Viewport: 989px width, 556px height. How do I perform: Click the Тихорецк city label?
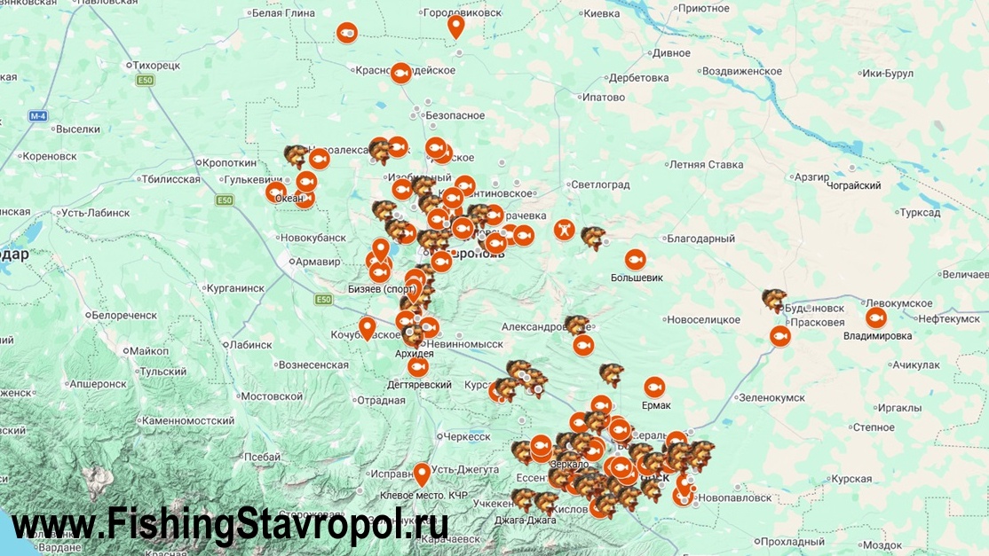pos(156,65)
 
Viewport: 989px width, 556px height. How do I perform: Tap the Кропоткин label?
pos(229,162)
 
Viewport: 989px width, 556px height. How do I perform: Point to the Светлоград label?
pos(600,184)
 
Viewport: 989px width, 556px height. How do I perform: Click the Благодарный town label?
pos(701,239)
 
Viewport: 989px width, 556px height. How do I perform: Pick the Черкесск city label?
pos(466,436)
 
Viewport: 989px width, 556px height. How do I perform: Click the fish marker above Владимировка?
pos(875,317)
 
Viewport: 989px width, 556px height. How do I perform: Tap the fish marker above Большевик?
pos(635,259)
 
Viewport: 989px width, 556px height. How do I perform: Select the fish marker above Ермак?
pos(654,387)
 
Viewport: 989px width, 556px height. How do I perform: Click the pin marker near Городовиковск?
pos(455,26)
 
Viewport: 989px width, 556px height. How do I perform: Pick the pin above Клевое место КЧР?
pos(422,473)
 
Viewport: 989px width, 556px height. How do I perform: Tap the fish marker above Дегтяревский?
pos(417,366)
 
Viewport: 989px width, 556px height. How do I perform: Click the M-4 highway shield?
pos(38,116)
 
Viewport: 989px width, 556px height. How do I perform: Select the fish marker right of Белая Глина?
pos(346,33)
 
